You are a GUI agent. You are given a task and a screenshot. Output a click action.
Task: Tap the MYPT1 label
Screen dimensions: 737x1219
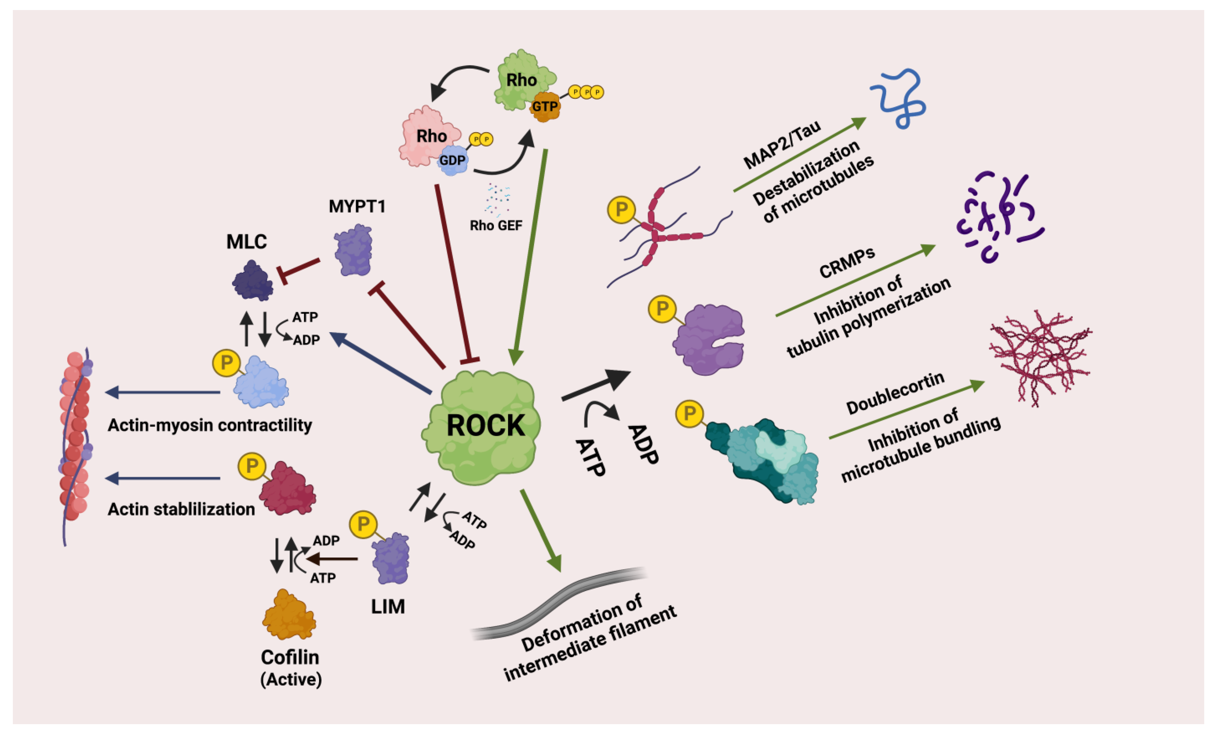point(357,206)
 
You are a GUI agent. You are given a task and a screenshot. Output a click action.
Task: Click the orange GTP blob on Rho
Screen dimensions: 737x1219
point(545,107)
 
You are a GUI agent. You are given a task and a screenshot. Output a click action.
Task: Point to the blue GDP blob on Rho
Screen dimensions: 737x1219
point(452,160)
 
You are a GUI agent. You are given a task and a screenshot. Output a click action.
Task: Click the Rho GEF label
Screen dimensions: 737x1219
point(496,225)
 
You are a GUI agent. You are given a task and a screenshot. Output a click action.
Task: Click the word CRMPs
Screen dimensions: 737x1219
point(847,263)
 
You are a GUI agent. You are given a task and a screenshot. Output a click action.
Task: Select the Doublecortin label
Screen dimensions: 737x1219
point(895,393)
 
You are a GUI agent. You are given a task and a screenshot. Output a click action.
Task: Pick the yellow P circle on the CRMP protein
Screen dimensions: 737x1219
point(662,309)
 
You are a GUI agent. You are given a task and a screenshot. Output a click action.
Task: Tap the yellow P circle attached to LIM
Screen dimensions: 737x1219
point(363,524)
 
